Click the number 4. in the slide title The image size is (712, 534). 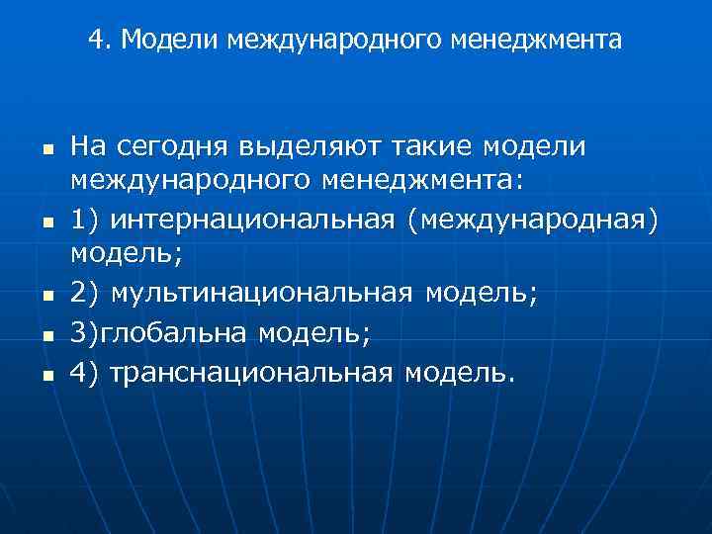pos(97,40)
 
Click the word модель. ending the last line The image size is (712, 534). pos(461,373)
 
